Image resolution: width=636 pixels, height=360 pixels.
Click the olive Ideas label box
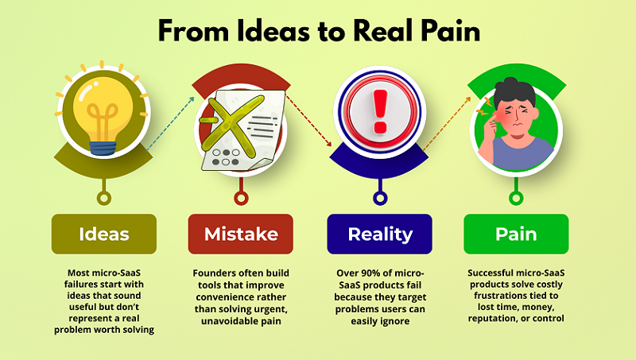pos(104,234)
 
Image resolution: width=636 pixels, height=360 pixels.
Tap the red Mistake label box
pos(241,234)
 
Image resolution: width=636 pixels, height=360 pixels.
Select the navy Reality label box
pos(380,234)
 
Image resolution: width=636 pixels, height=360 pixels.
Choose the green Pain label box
pos(516,234)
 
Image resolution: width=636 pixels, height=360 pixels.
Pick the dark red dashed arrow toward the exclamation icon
pos(308,119)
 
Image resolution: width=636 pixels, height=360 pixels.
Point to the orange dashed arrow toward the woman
pos(447,123)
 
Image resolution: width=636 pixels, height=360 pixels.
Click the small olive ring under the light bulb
pos(103,197)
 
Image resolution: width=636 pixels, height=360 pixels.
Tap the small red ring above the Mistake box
pos(241,197)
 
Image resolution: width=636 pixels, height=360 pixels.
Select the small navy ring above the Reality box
pos(380,197)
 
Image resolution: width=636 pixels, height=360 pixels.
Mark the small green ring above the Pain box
pos(518,197)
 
